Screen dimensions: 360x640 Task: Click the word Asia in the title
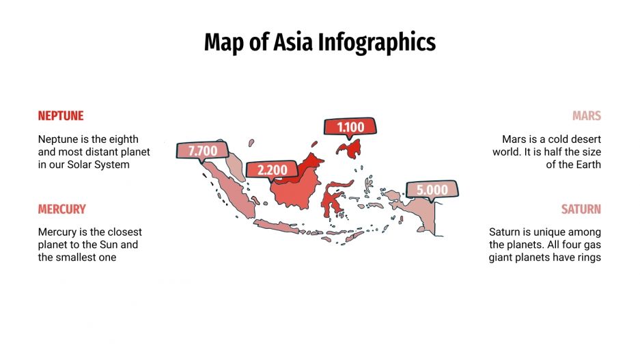292,42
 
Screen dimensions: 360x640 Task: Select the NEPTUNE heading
61,116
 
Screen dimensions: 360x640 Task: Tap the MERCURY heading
62,209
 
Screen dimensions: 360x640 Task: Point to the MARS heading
587,116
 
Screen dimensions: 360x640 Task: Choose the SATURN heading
581,209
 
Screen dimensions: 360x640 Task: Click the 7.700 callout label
202,151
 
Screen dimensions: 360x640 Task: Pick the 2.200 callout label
272,169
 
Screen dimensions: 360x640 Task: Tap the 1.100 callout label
350,126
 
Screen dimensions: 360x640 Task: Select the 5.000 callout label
432,190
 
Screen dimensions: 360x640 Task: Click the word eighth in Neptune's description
124,139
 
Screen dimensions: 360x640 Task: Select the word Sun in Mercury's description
111,245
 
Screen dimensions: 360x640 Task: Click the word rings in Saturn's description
588,257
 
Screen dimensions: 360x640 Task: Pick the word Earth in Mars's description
588,164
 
